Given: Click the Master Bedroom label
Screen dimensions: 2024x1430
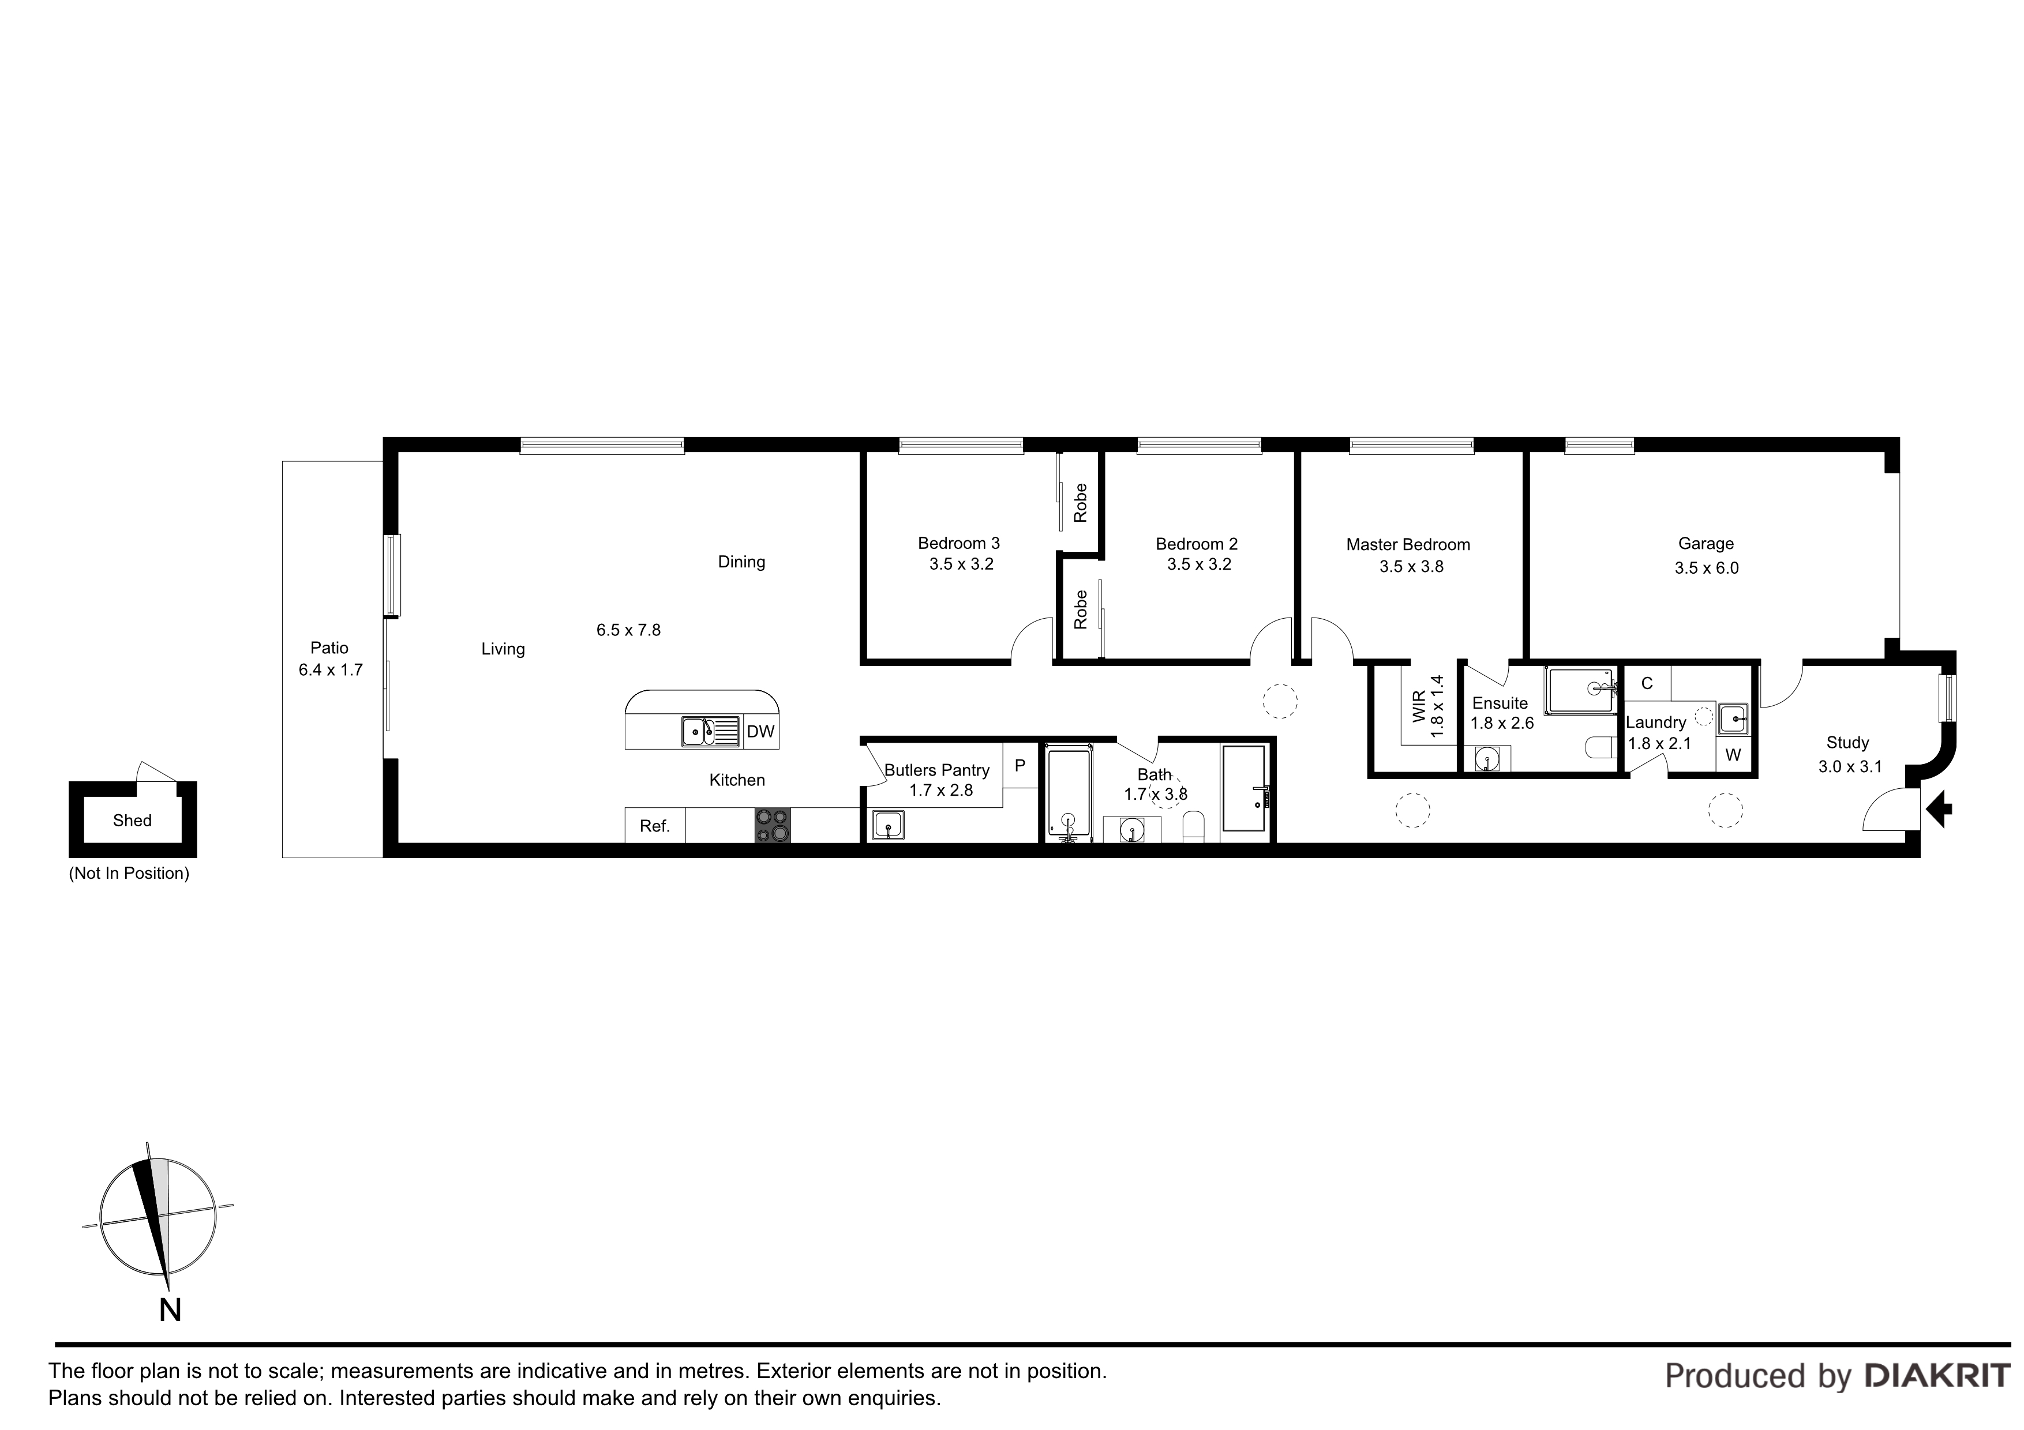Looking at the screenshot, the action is point(1408,544).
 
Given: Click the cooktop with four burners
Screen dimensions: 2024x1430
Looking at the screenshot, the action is point(772,826).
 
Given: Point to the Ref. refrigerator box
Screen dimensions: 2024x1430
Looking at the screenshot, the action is point(655,826).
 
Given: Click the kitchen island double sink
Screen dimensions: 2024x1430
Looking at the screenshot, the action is point(710,731).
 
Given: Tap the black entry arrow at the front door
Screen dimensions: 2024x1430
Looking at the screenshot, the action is point(1940,810).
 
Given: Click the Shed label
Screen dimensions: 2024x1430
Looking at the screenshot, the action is point(132,821).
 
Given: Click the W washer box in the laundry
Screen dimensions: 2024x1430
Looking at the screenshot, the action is point(1733,755).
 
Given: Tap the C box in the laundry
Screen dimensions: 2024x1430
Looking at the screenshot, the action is point(1647,684).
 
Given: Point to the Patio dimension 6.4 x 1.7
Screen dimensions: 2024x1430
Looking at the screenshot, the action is point(331,669).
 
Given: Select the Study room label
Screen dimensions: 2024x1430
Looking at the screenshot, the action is point(1847,743).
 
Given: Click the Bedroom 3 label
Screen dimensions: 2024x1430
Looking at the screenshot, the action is point(959,544).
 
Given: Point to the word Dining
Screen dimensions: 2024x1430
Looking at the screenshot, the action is point(741,562).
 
